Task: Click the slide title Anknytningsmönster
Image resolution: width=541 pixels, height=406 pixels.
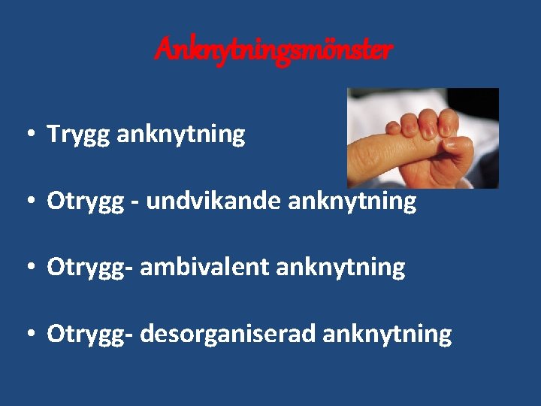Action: [274, 50]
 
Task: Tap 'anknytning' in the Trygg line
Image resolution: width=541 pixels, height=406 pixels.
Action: [181, 135]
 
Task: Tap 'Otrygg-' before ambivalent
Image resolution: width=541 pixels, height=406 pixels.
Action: [86, 267]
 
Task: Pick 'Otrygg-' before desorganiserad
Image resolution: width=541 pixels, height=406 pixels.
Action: [86, 333]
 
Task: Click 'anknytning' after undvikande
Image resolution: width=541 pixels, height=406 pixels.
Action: [352, 201]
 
